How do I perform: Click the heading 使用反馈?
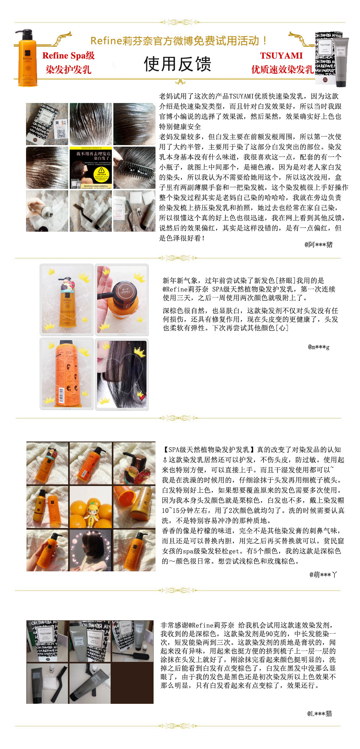tap(177, 64)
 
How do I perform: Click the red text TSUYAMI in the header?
tap(281, 56)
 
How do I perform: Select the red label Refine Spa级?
tap(68, 56)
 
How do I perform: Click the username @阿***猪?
tap(318, 245)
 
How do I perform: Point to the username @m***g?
tap(319, 347)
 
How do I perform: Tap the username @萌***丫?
tap(323, 574)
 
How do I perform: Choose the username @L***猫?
tap(319, 713)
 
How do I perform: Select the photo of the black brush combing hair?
tap(134, 168)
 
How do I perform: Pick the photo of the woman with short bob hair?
tap(91, 551)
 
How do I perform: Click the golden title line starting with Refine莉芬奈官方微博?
tap(178, 41)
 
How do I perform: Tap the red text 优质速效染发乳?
tap(282, 70)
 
